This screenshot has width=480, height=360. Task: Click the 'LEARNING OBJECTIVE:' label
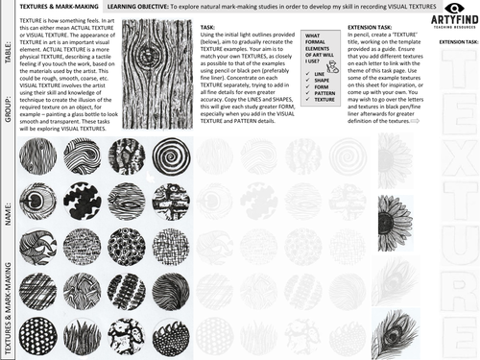pyautogui.click(x=139, y=6)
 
